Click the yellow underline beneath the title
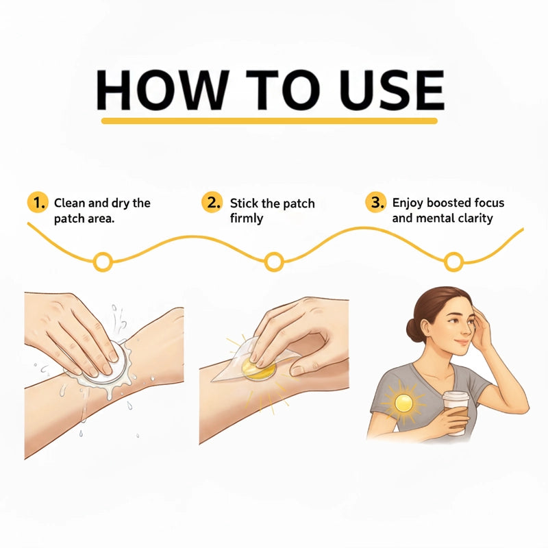(269, 121)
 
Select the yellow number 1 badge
(38, 202)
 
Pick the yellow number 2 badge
(212, 202)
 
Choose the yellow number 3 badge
(376, 202)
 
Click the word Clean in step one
(70, 203)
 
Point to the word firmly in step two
(247, 219)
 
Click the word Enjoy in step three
(408, 203)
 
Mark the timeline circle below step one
(103, 262)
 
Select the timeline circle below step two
(273, 262)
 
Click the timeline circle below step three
(453, 262)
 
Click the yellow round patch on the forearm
(259, 369)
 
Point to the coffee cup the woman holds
(456, 414)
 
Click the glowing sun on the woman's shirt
(404, 403)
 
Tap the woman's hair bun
(414, 330)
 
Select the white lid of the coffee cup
(456, 397)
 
